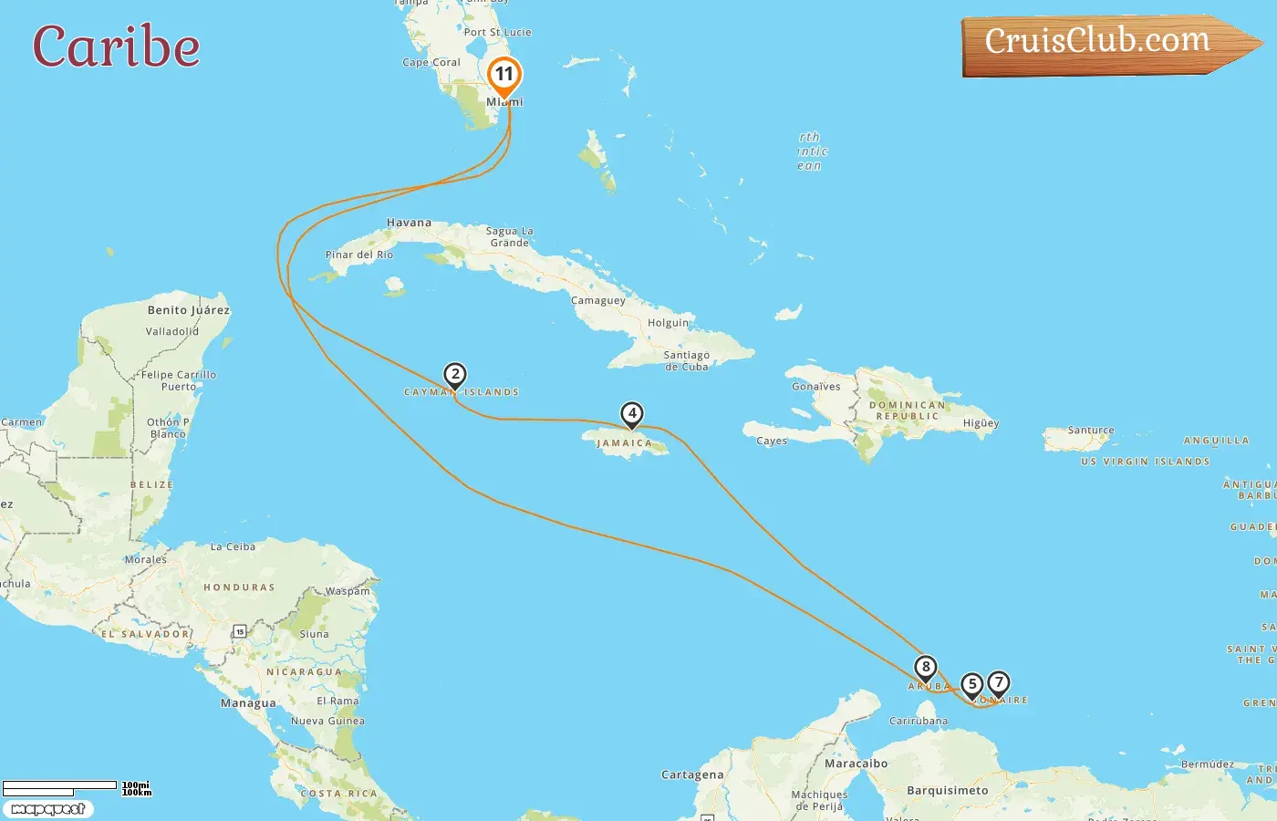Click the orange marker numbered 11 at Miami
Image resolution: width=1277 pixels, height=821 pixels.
point(504,75)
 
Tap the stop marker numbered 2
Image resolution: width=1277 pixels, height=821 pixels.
point(455,374)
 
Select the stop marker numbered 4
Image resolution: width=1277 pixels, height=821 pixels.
point(631,413)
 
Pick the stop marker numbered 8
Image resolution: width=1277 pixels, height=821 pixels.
point(925,667)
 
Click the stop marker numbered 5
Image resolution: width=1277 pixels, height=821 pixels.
point(972,684)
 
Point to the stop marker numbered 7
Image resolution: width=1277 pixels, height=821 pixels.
point(999,682)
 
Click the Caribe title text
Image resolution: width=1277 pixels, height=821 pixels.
point(116,47)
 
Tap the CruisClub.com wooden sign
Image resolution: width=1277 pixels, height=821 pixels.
point(1104,44)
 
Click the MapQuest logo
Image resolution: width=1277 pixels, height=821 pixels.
point(47,809)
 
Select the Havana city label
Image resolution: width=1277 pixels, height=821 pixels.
point(409,223)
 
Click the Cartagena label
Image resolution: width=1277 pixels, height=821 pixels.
point(692,775)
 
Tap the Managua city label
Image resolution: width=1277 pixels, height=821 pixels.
point(248,703)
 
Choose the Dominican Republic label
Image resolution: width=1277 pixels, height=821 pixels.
point(907,410)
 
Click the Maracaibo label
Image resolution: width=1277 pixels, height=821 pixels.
point(856,764)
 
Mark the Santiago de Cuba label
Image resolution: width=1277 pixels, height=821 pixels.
point(686,361)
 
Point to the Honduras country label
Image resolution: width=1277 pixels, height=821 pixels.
point(239,587)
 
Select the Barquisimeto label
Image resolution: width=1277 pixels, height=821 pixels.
point(947,791)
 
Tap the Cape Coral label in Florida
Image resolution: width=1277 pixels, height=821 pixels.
point(431,63)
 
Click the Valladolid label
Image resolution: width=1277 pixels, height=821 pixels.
point(171,332)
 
